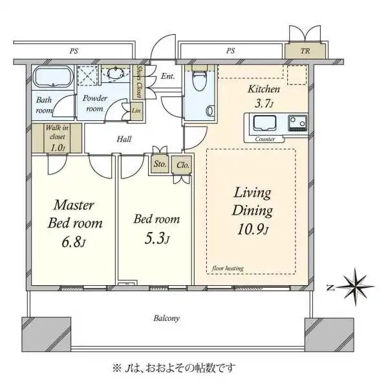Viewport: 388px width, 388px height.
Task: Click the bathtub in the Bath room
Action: [53, 76]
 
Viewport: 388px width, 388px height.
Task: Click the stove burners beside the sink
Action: [297, 122]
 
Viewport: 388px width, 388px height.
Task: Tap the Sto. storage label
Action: [160, 164]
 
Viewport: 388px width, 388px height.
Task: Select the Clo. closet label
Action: [182, 164]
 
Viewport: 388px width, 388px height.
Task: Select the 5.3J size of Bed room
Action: [156, 240]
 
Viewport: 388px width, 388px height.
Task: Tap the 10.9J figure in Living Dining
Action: [253, 230]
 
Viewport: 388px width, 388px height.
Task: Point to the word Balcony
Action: [166, 318]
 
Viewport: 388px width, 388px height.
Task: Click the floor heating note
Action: [224, 268]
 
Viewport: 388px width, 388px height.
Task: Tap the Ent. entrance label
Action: [167, 77]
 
